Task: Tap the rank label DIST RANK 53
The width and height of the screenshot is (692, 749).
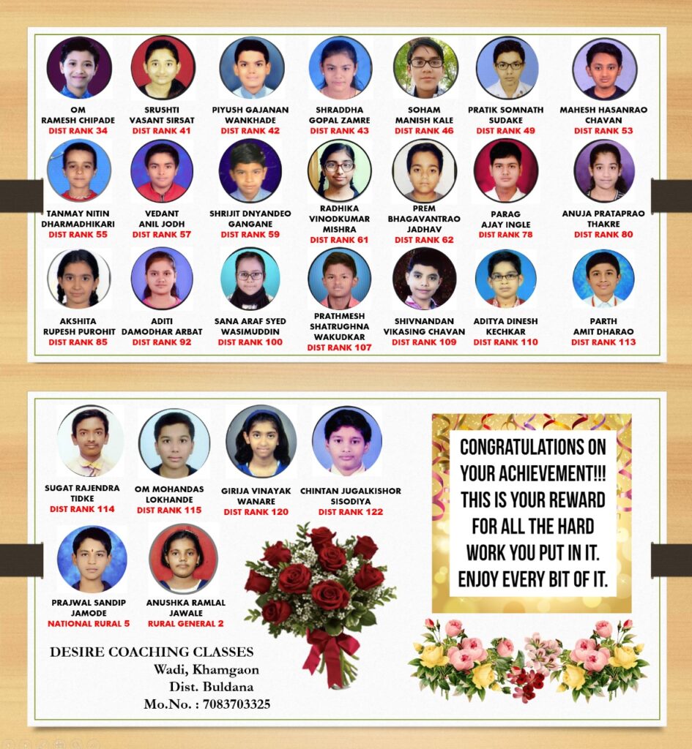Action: (603, 131)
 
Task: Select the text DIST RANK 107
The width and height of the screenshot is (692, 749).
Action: (339, 347)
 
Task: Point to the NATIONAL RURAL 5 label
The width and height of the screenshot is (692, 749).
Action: (89, 624)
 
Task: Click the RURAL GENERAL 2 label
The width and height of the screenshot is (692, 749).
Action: (186, 624)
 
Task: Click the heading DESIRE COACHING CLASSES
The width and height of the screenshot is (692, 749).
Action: (152, 652)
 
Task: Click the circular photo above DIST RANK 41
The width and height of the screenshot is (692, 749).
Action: (163, 67)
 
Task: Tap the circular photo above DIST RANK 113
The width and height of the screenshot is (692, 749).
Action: (603, 278)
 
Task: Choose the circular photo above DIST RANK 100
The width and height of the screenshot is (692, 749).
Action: (250, 279)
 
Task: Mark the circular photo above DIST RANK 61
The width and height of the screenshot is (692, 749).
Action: (339, 170)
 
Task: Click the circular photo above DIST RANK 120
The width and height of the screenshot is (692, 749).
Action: (261, 441)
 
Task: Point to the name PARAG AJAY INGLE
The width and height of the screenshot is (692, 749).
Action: (506, 219)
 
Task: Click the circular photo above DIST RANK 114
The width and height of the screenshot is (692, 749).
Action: (91, 440)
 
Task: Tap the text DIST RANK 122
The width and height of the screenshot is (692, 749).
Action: (351, 512)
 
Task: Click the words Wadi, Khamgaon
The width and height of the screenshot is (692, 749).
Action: (206, 669)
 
